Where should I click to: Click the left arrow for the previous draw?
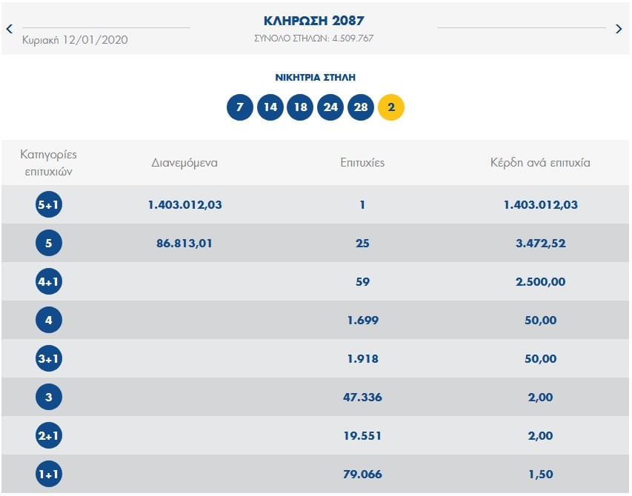[x=10, y=30]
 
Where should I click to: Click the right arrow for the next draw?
[x=619, y=30]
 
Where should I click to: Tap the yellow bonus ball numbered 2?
[x=391, y=107]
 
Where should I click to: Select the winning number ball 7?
[x=239, y=107]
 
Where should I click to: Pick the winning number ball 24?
[x=330, y=107]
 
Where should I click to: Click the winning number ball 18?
[x=300, y=107]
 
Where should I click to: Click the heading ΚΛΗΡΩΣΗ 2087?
[x=314, y=21]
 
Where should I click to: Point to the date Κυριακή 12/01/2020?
[x=75, y=40]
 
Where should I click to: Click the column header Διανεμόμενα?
[x=184, y=162]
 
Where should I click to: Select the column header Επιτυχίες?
[x=362, y=162]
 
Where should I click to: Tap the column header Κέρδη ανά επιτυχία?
[x=540, y=162]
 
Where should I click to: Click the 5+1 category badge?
[x=49, y=205]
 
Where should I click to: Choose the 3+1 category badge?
[x=49, y=359]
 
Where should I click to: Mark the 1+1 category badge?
[x=49, y=475]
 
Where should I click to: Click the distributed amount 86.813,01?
[x=184, y=244]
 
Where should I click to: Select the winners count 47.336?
[x=362, y=398]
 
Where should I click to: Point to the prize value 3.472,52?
[x=540, y=244]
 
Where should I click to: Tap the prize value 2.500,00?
[x=540, y=282]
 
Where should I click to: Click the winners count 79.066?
[x=362, y=475]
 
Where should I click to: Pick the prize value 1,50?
[x=540, y=475]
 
